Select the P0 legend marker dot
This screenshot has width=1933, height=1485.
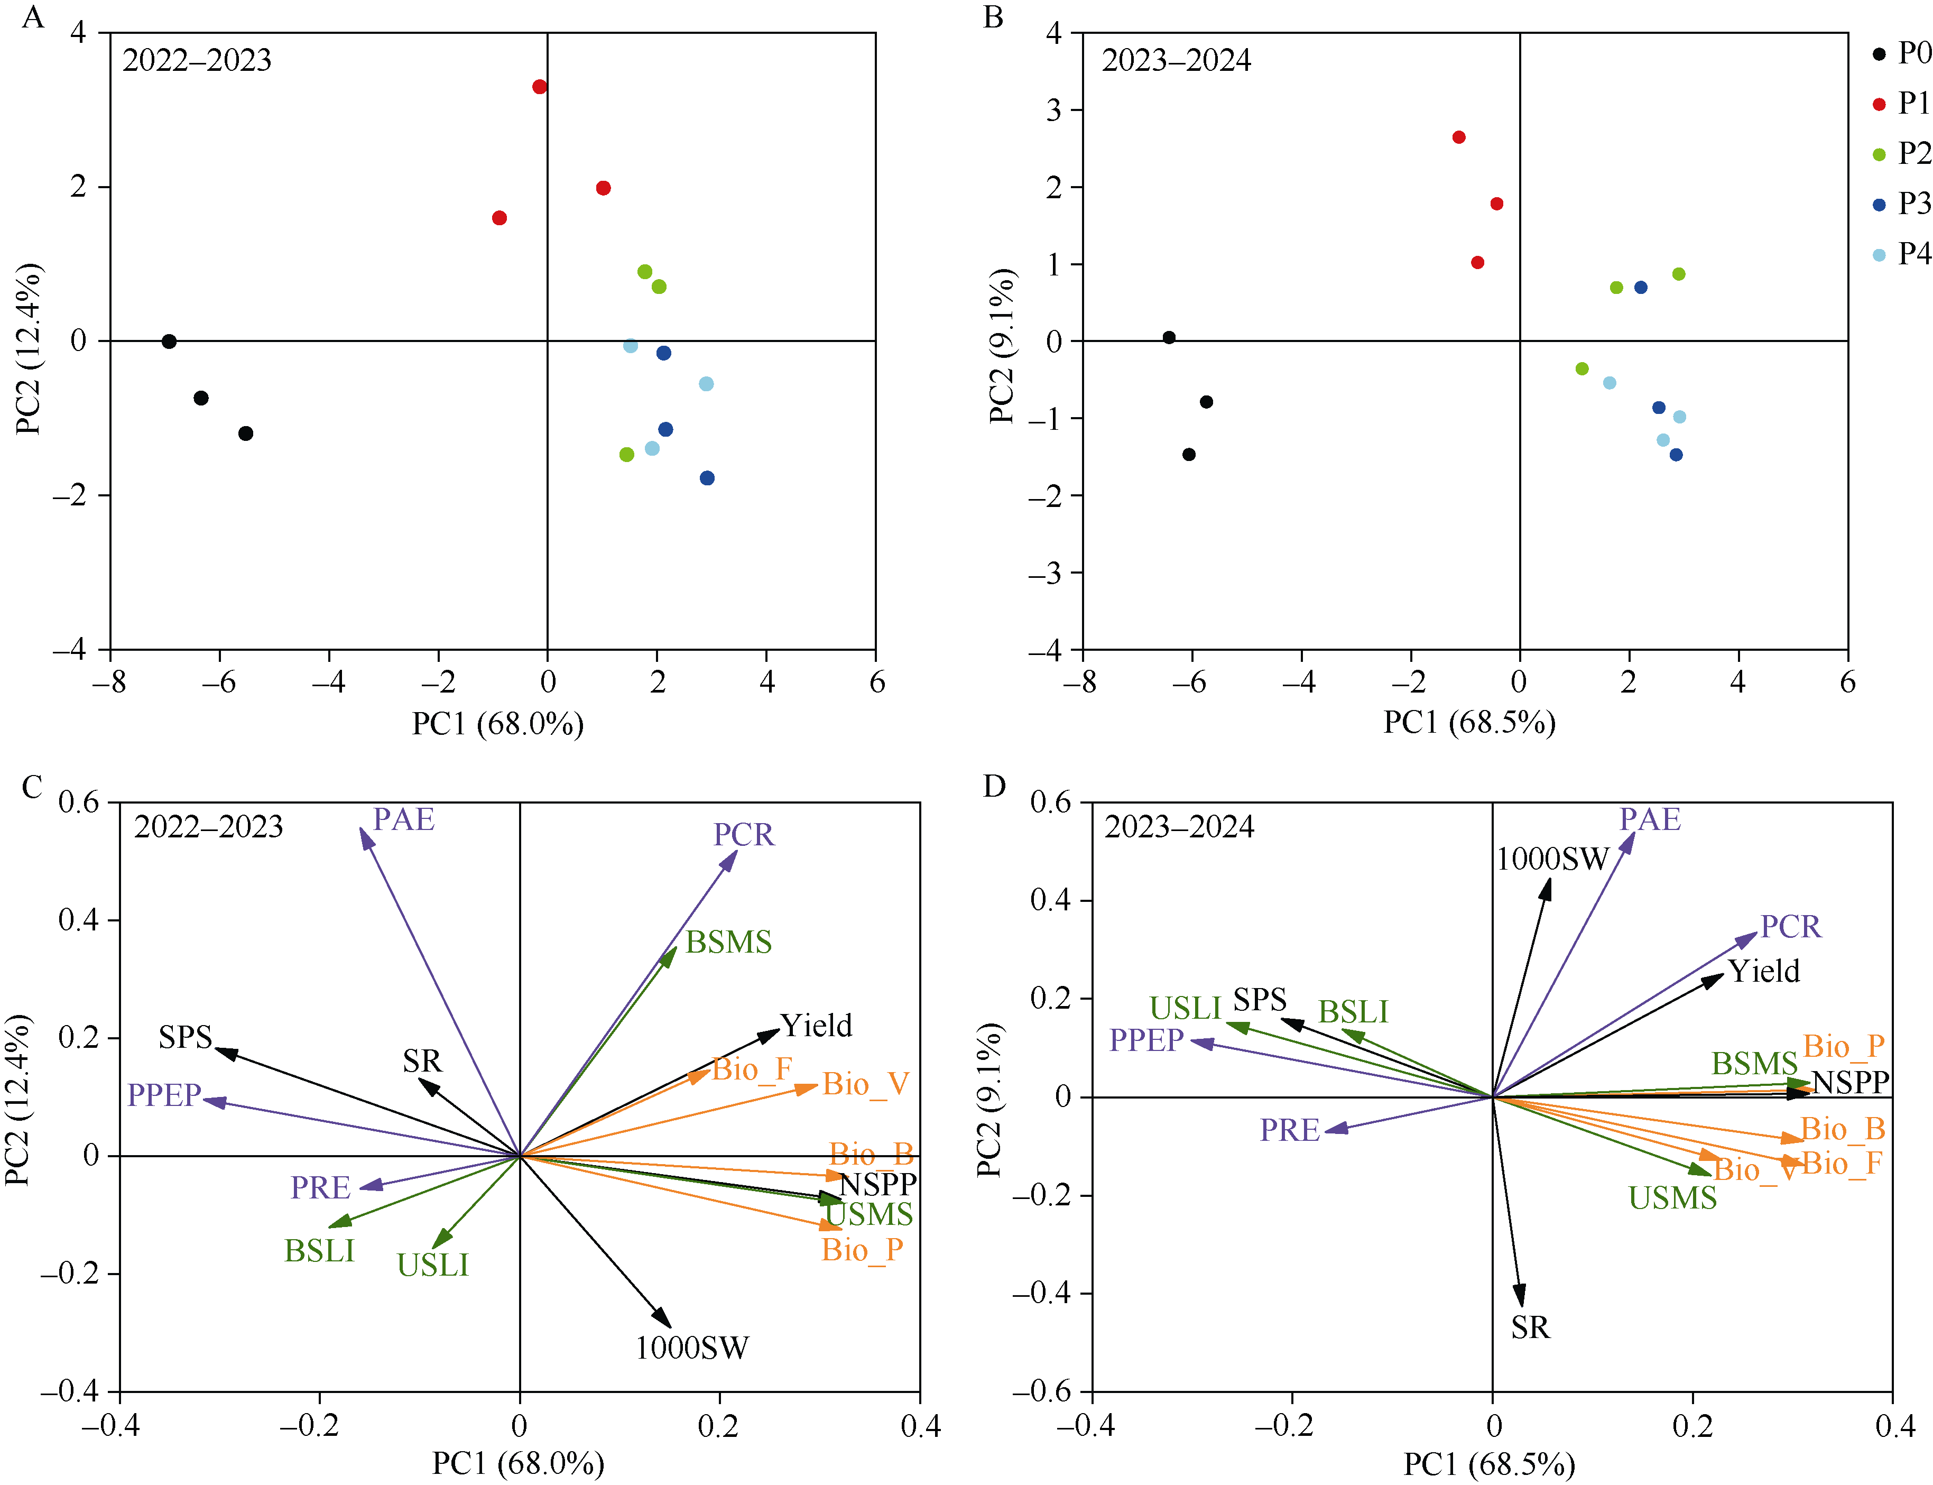click(1879, 54)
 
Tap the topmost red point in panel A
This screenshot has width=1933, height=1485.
click(539, 87)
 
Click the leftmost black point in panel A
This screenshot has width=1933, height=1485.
click(169, 341)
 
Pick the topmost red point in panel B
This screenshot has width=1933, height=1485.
click(1458, 137)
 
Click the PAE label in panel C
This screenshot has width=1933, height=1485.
click(403, 819)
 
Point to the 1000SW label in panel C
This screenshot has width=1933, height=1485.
click(691, 1348)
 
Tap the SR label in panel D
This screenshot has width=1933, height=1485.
click(1530, 1327)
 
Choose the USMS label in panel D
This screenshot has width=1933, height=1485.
click(1672, 1198)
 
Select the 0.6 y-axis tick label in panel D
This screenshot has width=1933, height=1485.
click(1050, 803)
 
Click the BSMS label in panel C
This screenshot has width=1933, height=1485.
click(728, 942)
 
